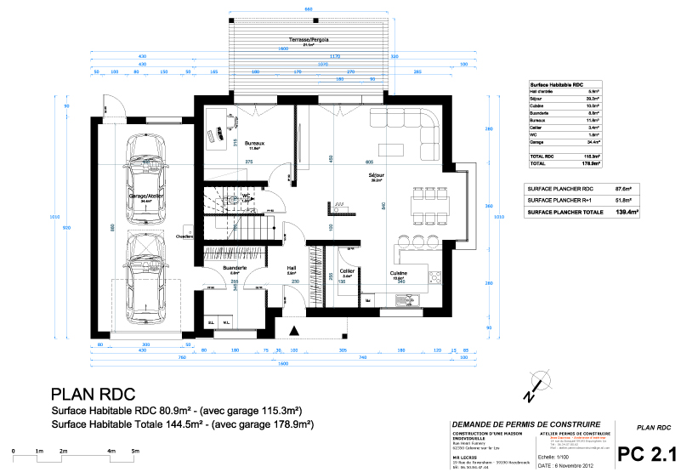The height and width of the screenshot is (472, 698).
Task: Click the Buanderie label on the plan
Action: pyautogui.click(x=235, y=268)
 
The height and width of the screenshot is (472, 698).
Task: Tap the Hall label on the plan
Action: pyautogui.click(x=291, y=268)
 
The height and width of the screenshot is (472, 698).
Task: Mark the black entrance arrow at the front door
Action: pyautogui.click(x=293, y=330)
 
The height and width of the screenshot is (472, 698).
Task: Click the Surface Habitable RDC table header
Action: pyautogui.click(x=556, y=86)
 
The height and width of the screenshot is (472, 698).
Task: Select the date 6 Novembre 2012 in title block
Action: pyautogui.click(x=565, y=467)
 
